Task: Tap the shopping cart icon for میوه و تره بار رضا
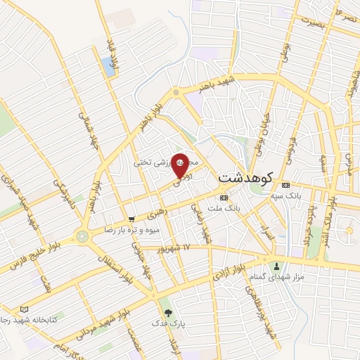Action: (131, 219)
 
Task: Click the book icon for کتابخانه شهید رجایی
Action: (25, 309)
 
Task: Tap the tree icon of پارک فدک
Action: (167, 313)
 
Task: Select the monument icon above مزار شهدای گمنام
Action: (276, 266)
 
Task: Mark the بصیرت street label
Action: (314, 21)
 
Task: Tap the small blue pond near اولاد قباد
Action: (108, 66)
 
